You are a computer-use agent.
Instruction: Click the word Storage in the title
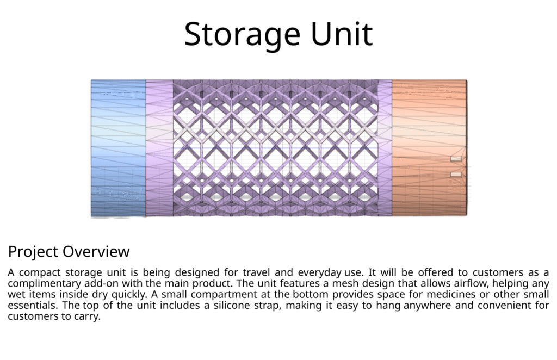pos(242,34)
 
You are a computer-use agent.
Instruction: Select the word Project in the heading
pos(33,252)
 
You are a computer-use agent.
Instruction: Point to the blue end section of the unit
pos(118,148)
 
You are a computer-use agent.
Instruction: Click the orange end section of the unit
pos(430,148)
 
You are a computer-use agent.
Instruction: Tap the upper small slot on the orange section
pos(456,159)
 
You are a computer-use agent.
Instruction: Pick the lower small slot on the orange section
pos(456,175)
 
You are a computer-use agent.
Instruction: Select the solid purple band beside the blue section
pos(159,148)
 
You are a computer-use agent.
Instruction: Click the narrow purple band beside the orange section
pos(385,148)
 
